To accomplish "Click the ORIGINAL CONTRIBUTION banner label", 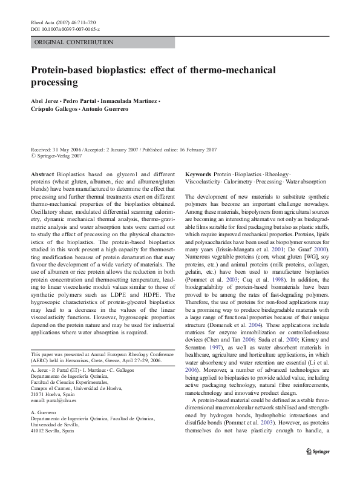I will (x=74, y=42).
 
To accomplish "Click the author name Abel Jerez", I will (x=44, y=99).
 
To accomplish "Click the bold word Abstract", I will (x=43, y=174).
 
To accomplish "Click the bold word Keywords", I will (x=198, y=174).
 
